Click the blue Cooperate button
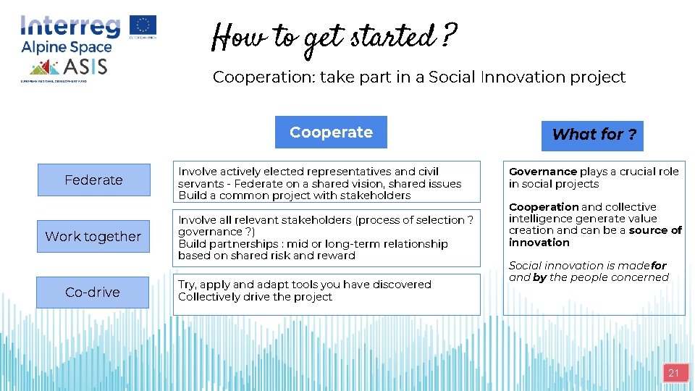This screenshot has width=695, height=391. coord(331,133)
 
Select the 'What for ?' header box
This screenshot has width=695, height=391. coord(593,135)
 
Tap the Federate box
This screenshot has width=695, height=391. coord(93,180)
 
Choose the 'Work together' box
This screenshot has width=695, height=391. coord(93,237)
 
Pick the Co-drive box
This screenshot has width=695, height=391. coord(93,293)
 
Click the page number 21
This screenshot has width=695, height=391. coord(673,374)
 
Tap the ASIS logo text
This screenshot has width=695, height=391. coord(85,67)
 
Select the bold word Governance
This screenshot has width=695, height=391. coord(542,172)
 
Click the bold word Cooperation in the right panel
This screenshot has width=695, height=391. coord(543,207)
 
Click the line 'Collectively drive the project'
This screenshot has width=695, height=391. coord(255,297)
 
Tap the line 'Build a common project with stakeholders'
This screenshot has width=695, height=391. coord(294,195)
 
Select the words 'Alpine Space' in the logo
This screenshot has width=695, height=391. coord(66,48)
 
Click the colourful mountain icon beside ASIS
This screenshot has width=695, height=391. coord(44,68)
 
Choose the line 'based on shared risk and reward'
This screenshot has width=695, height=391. coord(266,256)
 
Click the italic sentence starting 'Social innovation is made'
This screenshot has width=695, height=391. coord(588,272)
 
